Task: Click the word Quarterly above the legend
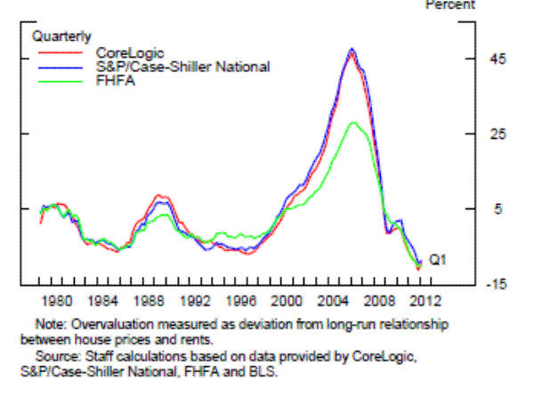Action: [61, 37]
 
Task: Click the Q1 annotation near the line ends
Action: [437, 260]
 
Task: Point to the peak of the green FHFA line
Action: [354, 122]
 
